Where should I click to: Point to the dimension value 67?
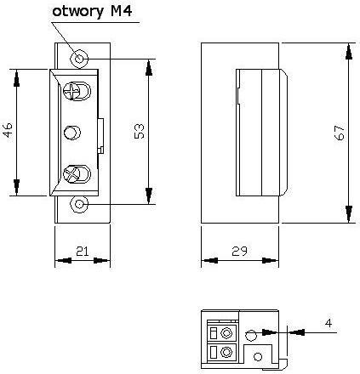[x=338, y=132]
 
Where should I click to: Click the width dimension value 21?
[x=83, y=250]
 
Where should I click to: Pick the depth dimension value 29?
[x=241, y=250]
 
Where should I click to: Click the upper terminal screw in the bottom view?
[x=226, y=331]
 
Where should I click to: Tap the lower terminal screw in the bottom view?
[x=226, y=351]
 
